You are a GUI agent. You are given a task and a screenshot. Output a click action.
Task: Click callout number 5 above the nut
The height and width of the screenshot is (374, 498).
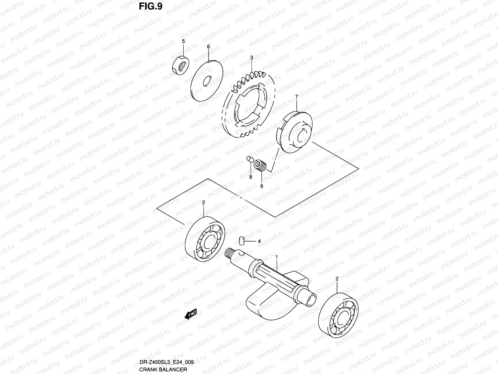[x=183, y=41]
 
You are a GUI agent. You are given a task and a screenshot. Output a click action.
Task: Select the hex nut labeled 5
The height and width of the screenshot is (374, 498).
[x=181, y=66]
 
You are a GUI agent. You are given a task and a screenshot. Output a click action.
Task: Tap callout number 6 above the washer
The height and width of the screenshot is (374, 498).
[x=209, y=46]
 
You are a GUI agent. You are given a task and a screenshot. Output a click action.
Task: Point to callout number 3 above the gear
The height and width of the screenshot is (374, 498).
[x=251, y=58]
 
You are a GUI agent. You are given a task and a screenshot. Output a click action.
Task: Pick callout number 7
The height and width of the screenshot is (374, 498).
[x=297, y=97]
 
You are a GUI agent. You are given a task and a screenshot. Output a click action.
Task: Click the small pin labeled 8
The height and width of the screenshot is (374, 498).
[x=249, y=160]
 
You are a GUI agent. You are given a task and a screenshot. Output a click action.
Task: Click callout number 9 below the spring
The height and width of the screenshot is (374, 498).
[x=261, y=186]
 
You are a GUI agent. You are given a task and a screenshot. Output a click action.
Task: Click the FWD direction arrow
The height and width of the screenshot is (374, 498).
[x=191, y=314]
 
